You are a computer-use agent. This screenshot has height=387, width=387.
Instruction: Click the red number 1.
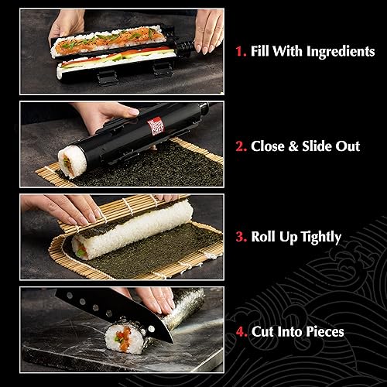click(240, 52)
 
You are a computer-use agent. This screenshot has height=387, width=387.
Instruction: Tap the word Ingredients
click(335, 52)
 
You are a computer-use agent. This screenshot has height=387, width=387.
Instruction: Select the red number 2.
click(241, 146)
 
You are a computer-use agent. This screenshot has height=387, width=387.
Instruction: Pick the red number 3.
click(241, 238)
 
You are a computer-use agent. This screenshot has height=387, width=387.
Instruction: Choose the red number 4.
click(241, 332)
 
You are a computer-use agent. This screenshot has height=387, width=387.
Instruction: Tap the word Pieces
click(324, 332)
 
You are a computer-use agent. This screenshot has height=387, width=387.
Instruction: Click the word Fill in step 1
click(262, 52)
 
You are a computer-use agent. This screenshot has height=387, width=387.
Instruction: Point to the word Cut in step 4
click(263, 332)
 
